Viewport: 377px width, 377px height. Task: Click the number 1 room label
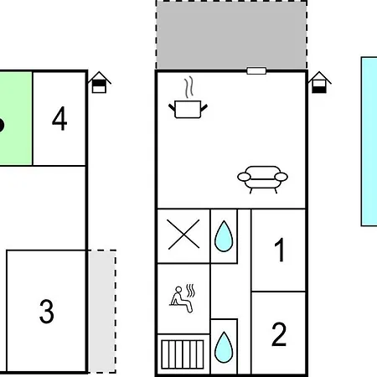[x=280, y=250]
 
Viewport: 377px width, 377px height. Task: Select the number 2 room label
[x=279, y=334]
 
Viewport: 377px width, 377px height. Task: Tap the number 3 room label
[x=46, y=311]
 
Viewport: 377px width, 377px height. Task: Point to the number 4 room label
[x=59, y=118]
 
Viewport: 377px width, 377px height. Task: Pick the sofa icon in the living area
[x=262, y=179]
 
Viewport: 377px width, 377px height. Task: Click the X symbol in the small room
[x=183, y=234]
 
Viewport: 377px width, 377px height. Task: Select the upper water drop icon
[x=224, y=236]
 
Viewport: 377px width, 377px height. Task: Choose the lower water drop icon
[x=224, y=347]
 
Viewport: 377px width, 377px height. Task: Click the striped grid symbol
[x=183, y=354]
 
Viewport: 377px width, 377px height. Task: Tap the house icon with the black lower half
[x=319, y=82]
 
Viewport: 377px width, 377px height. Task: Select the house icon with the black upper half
[x=99, y=82]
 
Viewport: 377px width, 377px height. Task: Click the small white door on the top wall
[x=256, y=70]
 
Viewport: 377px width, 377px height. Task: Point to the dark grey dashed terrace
[x=231, y=35]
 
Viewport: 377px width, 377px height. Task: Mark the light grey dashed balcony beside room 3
[x=102, y=312]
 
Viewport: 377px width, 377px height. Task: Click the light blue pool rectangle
[x=369, y=142]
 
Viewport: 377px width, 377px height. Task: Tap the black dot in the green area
[x=1, y=125]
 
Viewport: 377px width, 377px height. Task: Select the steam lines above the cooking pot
[x=189, y=87]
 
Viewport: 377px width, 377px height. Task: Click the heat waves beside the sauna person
[x=190, y=291]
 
